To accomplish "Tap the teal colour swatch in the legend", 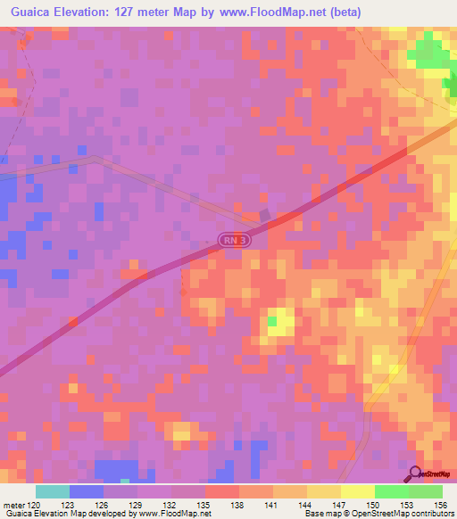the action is (x=53, y=491).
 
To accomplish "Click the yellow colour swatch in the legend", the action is (x=357, y=491).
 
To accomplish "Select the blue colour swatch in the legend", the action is (x=87, y=491).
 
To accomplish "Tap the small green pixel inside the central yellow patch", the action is (x=274, y=320).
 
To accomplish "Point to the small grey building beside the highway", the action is (x=264, y=215).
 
